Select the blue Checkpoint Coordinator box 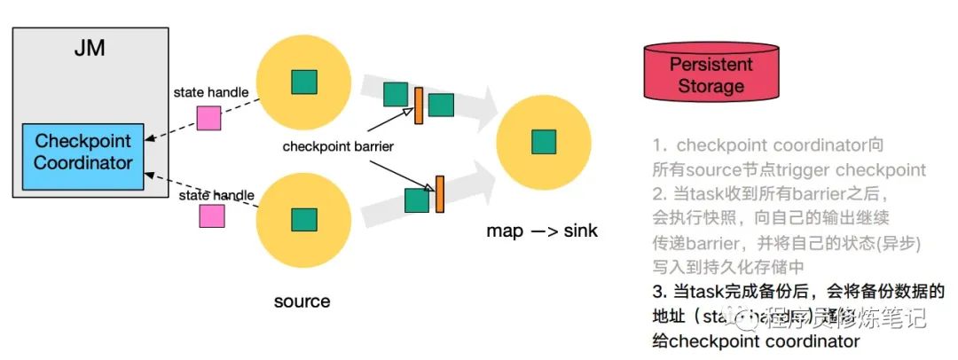pos(82,152)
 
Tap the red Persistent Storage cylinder pos(711,76)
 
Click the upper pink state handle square pos(208,118)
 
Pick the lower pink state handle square pos(211,215)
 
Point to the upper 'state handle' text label pos(211,92)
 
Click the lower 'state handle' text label pos(216,195)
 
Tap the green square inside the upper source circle pos(304,82)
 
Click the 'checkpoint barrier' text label pos(337,145)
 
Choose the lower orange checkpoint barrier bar pos(438,194)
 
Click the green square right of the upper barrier pos(441,105)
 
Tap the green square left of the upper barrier pos(396,95)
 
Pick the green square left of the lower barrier pos(417,200)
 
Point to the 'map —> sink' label pos(542,231)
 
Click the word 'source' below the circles pos(302,301)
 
